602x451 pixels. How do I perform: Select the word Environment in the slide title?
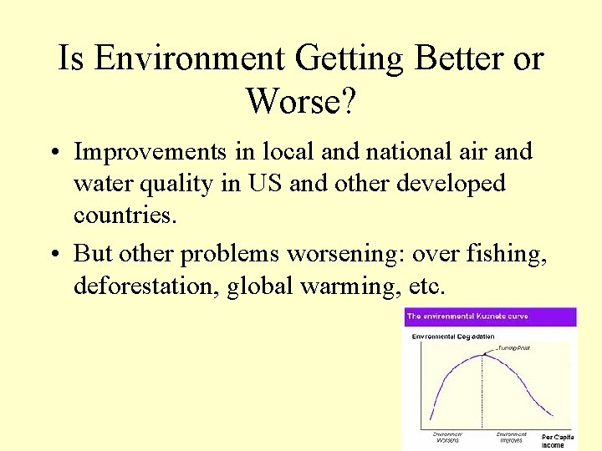(x=191, y=58)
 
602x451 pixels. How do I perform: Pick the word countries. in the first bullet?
(x=125, y=215)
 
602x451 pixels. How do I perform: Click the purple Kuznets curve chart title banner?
(x=490, y=317)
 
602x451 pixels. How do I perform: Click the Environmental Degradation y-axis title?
(x=451, y=336)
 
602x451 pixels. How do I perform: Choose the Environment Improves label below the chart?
(x=511, y=438)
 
